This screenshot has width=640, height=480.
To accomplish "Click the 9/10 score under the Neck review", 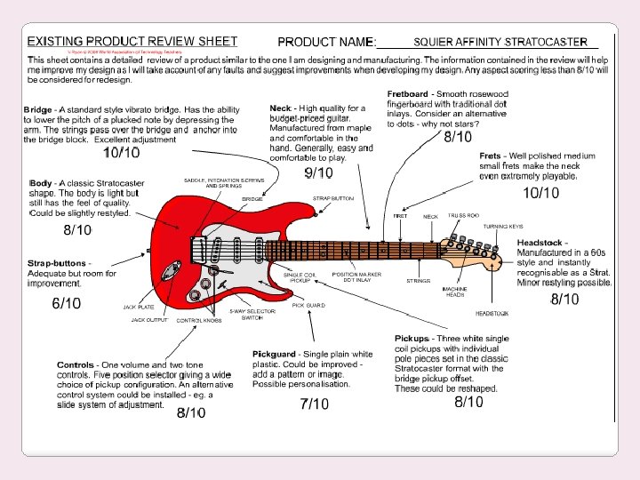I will pos(318,173).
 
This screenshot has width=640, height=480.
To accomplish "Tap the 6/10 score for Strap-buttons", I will pos(67,303).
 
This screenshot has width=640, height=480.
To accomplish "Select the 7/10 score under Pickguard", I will pos(314,404).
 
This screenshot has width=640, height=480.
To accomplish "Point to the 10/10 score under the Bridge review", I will pos(121,153).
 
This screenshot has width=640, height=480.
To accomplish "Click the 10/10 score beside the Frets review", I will pos(540,193).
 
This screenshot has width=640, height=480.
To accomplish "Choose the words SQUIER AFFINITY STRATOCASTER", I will pos(501,42).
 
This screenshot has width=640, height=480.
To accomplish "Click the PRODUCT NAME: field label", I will pos(327,42).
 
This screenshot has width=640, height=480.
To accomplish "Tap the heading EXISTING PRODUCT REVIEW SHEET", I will pos(132,41).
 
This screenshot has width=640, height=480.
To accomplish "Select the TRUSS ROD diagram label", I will pos(463,215).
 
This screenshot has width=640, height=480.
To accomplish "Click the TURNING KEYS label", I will pos(504,227).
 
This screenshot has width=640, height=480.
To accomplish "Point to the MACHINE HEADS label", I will pos(453,292).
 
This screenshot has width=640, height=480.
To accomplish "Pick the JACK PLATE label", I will pos(140,307).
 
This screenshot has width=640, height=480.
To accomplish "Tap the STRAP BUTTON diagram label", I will pos(332,198).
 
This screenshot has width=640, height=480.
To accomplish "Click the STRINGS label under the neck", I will pos(419,280).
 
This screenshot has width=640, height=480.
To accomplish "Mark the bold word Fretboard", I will pos(407,94).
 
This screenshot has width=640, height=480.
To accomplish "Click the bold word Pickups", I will pos(414,339).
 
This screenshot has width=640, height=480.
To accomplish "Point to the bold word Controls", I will pos(76,365).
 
